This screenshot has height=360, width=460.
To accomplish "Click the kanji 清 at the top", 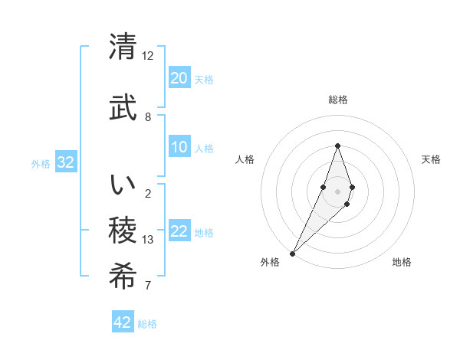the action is [x=123, y=47].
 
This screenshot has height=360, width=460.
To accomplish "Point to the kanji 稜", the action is [x=123, y=231].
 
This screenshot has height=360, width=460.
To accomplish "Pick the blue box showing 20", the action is [x=179, y=78].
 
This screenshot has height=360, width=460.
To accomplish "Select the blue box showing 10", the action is [x=179, y=147].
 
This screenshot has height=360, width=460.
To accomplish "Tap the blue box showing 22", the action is [x=179, y=231].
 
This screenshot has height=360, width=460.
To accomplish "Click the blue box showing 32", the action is [x=65, y=162].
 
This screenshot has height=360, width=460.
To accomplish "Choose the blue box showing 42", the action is [x=123, y=322].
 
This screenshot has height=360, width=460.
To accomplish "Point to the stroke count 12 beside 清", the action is [x=148, y=56].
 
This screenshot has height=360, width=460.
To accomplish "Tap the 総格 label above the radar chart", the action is [x=337, y=100].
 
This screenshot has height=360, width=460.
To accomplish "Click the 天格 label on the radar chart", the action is [x=432, y=159].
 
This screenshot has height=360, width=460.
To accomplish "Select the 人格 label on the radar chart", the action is [x=245, y=159].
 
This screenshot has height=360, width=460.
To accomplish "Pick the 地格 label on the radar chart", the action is [x=402, y=262].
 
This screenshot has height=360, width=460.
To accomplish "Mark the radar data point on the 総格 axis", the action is [x=337, y=146].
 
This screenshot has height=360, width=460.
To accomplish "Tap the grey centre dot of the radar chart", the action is [x=337, y=191].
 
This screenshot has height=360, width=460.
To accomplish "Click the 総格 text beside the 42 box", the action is [x=147, y=324].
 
